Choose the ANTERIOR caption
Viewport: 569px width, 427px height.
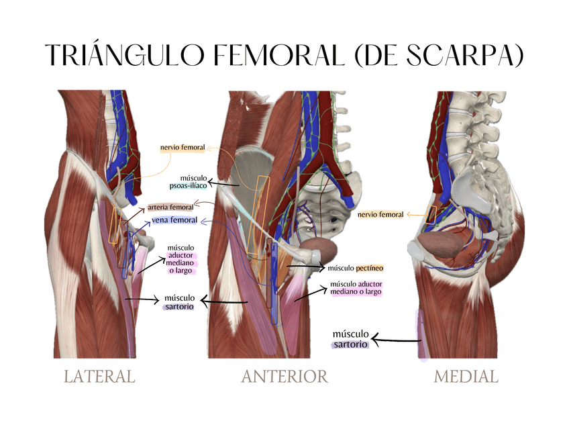point(284,377)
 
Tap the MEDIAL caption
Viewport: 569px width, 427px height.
point(466,377)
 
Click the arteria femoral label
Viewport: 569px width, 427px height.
point(170,207)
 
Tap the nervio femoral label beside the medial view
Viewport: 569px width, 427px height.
point(380,215)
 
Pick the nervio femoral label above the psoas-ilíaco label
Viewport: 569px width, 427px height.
point(183,147)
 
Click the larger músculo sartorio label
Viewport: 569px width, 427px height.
point(351,339)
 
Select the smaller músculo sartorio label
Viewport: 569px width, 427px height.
point(179,302)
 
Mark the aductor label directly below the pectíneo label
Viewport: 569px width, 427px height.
point(355,288)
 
